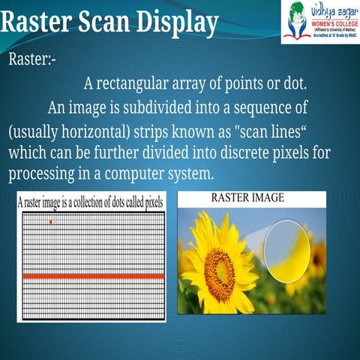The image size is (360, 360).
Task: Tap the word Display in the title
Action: pyautogui.click(x=175, y=22)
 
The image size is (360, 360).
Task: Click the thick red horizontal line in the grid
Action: pyautogui.click(x=93, y=277)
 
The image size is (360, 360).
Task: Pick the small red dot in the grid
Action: pyautogui.click(x=51, y=222)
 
